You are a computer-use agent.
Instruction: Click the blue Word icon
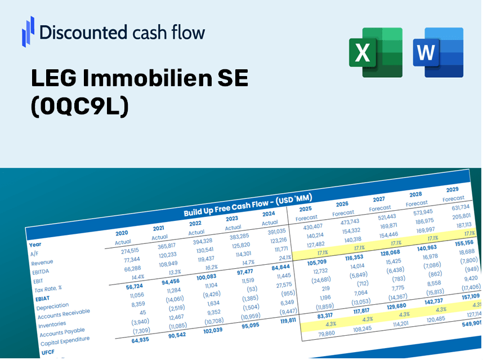coord(437,52)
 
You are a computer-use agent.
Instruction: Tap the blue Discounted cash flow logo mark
coord(28,31)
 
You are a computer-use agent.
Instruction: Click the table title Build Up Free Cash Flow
coord(248,205)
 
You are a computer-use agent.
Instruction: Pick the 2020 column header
coord(122,233)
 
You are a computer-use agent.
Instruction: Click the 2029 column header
coord(452,189)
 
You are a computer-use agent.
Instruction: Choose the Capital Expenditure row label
coord(65,340)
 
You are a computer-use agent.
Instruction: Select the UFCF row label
coord(47,352)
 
